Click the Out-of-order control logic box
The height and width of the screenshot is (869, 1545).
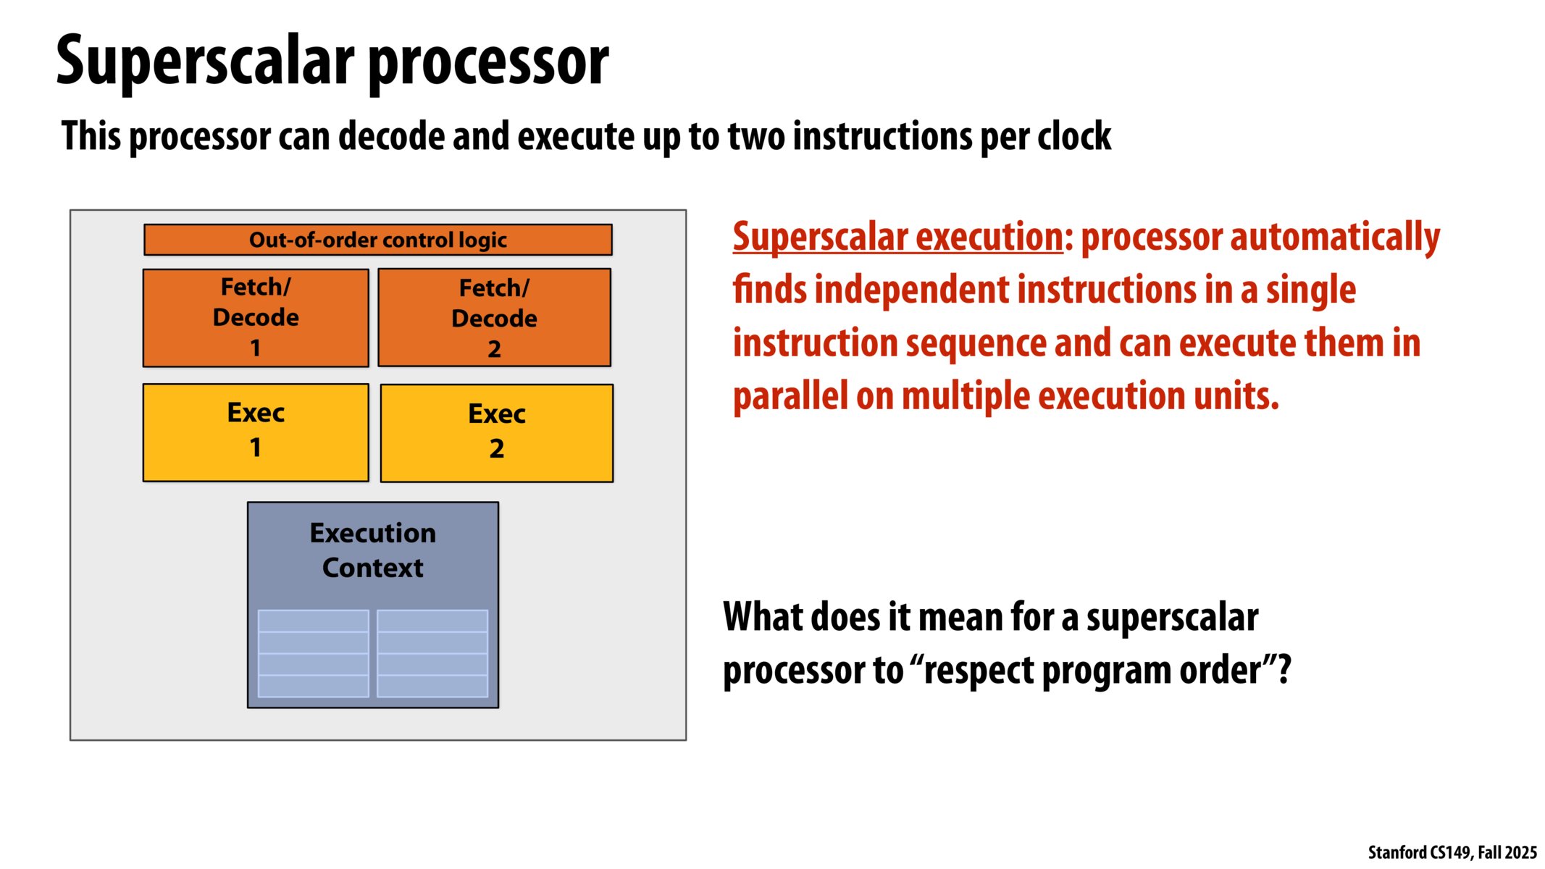(x=377, y=240)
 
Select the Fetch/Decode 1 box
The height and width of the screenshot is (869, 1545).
(x=256, y=318)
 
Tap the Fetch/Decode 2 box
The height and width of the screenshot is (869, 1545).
(x=494, y=318)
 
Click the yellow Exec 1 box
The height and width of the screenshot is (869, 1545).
(x=256, y=432)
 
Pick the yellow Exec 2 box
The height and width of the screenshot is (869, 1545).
(x=496, y=433)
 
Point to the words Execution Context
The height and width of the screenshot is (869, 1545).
(x=372, y=550)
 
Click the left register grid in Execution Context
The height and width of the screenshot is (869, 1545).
(x=313, y=653)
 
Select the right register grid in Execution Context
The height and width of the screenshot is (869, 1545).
(x=432, y=653)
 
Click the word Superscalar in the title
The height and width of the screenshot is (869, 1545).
(x=206, y=62)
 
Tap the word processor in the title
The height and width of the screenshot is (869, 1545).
(x=489, y=64)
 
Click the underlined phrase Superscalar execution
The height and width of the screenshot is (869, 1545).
(x=897, y=238)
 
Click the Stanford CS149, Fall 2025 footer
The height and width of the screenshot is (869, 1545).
(x=1452, y=852)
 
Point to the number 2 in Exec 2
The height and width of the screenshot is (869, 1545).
(x=496, y=449)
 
